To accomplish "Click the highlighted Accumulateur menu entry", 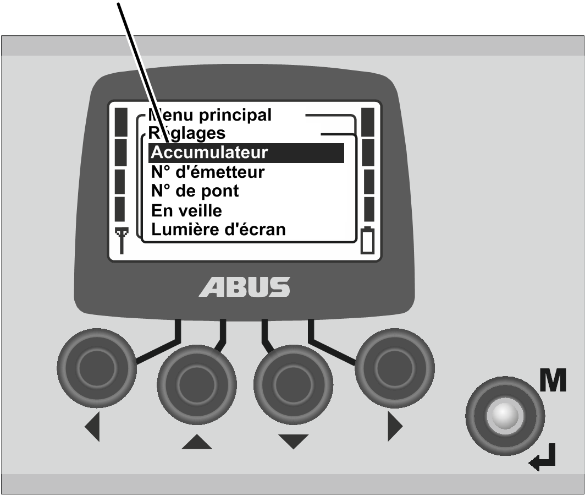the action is coord(246,153).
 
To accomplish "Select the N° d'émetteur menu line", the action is coord(208,172).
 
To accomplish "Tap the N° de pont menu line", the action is coord(195,191).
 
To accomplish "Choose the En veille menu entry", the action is coord(186,211).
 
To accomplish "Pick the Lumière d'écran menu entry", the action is coord(218,230).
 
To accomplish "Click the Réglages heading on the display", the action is coord(187,133).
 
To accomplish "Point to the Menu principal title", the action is coord(209,115).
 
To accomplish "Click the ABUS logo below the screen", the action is coord(244,287).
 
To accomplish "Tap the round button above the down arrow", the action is coord(293,384).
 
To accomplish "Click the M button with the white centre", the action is coord(505,415).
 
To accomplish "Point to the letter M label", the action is coord(553,380).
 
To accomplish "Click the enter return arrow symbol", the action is coord(543,458).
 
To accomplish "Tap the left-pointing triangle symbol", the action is coord(92,427).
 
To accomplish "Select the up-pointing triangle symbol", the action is coord(197,441).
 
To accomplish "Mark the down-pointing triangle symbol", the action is coord(293,441).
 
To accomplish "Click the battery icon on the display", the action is coord(367,240).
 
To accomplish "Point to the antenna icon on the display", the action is coord(122,240).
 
